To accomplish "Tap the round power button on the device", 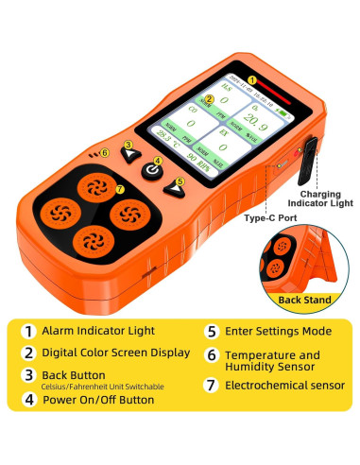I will point(154,172).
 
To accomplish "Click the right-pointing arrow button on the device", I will point(175,190).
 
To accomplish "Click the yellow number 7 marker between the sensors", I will point(120,189).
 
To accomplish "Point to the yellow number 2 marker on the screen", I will point(208,99).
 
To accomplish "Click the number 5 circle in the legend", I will point(214,332).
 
